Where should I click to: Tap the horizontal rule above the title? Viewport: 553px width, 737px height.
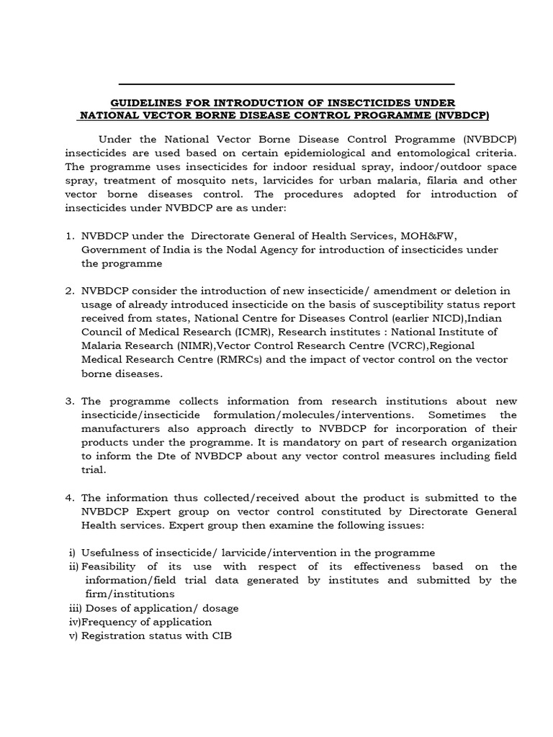286,84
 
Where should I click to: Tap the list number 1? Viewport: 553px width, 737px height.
69,235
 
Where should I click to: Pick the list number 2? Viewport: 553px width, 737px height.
69,291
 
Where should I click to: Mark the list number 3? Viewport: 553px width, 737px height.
69,401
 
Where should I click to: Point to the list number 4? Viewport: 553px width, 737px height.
69,497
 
